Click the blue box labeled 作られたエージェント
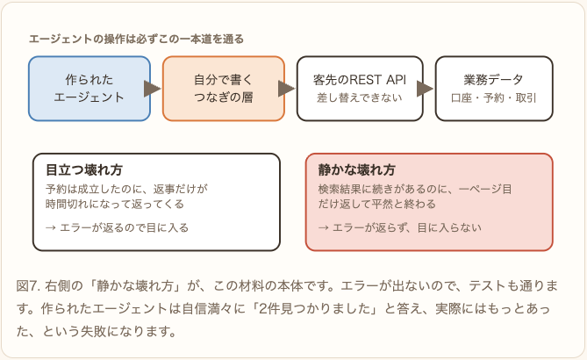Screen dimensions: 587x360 point(89,89)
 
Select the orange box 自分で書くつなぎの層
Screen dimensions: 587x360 point(224,89)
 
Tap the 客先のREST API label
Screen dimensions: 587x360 point(360,80)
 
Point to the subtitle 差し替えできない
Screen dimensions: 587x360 point(360,97)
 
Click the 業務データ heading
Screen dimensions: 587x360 point(493,80)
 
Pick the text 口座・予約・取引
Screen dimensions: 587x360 point(493,97)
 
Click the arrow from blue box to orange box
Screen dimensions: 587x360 point(153,89)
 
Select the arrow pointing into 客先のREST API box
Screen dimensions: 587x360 point(287,89)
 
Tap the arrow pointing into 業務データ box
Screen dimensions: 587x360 point(426,89)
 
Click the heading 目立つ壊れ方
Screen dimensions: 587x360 point(84,169)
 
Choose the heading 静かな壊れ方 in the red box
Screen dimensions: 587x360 point(357,169)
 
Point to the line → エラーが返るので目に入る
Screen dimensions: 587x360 point(118,227)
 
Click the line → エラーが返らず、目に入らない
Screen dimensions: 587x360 point(400,227)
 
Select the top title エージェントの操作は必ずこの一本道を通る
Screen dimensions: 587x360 point(136,39)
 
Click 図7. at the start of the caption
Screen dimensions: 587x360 point(28,286)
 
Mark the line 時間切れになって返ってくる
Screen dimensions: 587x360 point(115,205)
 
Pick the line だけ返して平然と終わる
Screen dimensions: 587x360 point(377,205)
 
